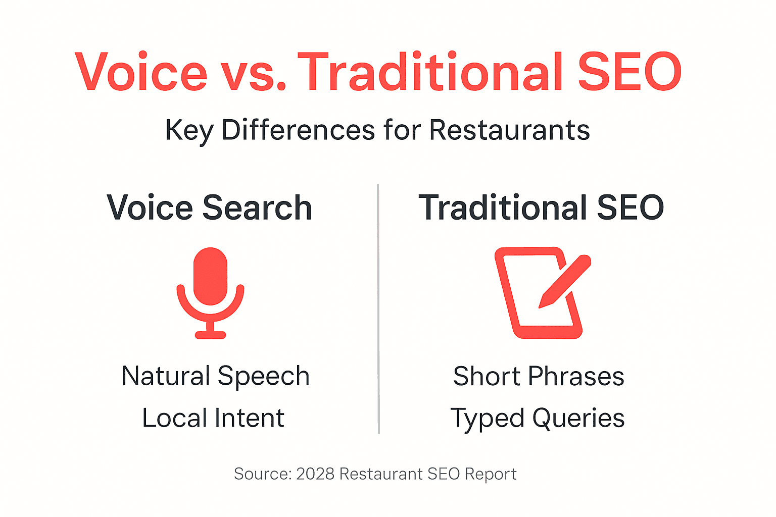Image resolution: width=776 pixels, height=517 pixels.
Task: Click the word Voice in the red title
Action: tap(141, 73)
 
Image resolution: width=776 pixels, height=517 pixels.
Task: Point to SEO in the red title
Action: tap(629, 73)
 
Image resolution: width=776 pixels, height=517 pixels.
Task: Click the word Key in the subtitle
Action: tap(189, 130)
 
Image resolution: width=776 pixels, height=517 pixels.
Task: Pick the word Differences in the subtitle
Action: tap(298, 130)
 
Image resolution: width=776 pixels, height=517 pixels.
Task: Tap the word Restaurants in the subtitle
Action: tap(509, 130)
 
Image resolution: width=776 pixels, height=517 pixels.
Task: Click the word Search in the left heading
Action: tap(257, 208)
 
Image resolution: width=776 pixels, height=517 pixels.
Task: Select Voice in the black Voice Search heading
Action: tap(150, 208)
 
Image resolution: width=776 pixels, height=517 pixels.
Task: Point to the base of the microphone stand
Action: tap(210, 334)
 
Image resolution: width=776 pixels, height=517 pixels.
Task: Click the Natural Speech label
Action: tap(216, 376)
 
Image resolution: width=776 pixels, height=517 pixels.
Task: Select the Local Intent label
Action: tap(213, 418)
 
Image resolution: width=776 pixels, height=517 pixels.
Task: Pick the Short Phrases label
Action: tap(539, 376)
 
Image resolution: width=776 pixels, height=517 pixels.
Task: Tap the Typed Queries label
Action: tap(538, 418)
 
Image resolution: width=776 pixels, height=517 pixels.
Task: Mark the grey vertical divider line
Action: tap(378, 308)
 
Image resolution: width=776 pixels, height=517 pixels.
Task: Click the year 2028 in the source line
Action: tap(315, 474)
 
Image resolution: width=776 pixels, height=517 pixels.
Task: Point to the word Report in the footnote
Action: tap(490, 474)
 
